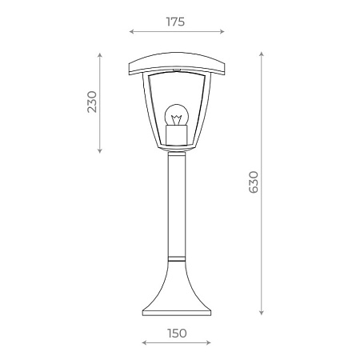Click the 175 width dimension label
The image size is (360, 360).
pyautogui.click(x=176, y=22)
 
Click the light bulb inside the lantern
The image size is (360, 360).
pyautogui.click(x=176, y=114)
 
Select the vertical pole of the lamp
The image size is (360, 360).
pyautogui.click(x=176, y=208)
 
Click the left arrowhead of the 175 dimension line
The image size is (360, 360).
pyautogui.click(x=131, y=33)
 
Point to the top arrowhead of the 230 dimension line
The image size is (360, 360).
pyautogui.click(x=100, y=55)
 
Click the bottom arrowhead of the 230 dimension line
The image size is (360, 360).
pyautogui.click(x=100, y=152)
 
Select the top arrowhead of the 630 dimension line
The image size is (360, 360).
pyautogui.click(x=262, y=54)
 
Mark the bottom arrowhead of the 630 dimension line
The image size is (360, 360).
pyautogui.click(x=262, y=313)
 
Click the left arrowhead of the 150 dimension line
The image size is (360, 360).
pyautogui.click(x=143, y=342)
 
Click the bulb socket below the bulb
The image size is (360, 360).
pyautogui.click(x=176, y=132)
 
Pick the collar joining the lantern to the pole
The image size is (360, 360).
pyautogui.click(x=176, y=153)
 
